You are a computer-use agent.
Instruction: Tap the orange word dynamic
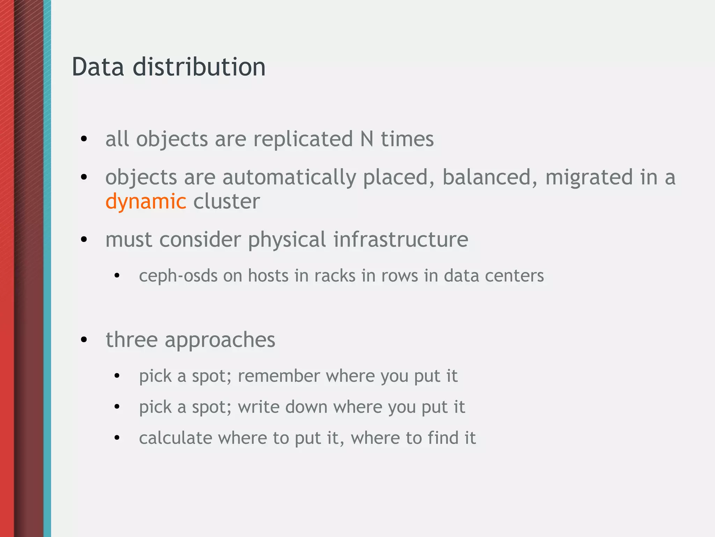click(146, 202)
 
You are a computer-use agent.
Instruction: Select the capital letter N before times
click(367, 139)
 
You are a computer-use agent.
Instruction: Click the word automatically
click(289, 178)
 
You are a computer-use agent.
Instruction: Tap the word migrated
click(589, 177)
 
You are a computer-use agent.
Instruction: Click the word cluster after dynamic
click(227, 201)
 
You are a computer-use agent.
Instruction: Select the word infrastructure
click(400, 240)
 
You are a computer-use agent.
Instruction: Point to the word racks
click(334, 276)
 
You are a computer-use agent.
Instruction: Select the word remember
click(279, 376)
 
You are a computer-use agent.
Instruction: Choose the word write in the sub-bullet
click(259, 407)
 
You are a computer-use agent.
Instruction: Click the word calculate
click(175, 438)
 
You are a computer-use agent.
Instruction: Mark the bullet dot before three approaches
click(84, 339)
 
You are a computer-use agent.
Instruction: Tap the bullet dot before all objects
click(84, 139)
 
